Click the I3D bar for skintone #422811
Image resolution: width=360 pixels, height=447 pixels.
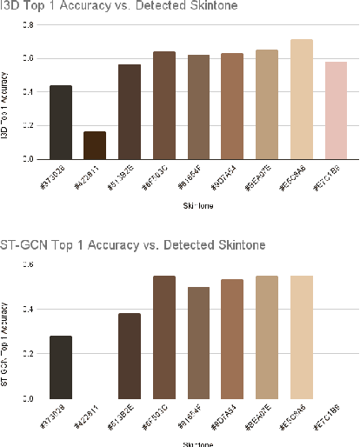94,145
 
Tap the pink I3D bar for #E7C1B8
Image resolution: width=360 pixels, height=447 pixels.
335,110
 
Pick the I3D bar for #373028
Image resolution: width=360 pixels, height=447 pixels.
60,122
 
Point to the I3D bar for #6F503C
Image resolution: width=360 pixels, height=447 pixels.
163,105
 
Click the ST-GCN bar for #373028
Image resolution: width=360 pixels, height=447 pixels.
60,366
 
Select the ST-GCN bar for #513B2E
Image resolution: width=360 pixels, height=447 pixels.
129,355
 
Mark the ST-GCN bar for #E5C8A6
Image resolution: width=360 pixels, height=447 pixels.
302,337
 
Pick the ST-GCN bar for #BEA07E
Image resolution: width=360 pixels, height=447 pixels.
267,337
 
